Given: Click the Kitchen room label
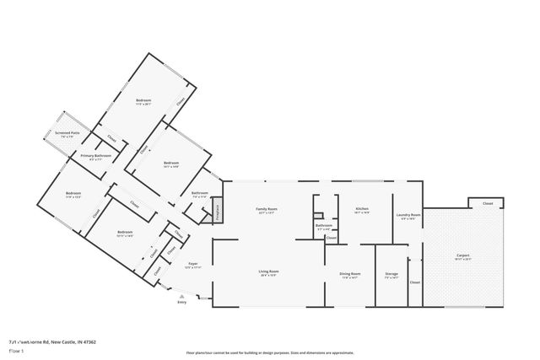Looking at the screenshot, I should [x=361, y=208].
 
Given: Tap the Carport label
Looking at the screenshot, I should [x=462, y=255].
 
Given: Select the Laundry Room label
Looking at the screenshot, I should [x=408, y=215].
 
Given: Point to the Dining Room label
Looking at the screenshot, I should [x=350, y=273].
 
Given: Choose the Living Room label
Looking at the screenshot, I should [x=268, y=271].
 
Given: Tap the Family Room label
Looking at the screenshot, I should [x=267, y=209].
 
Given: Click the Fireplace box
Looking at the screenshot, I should [x=217, y=212].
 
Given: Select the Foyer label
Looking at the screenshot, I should [x=192, y=264].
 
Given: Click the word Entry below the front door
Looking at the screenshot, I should [x=181, y=302].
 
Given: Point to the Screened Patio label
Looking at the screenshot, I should [x=67, y=133].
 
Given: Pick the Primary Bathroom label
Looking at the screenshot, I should [x=95, y=156].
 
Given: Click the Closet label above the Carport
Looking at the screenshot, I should [x=487, y=203].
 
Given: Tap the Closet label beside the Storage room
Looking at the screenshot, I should [x=414, y=282].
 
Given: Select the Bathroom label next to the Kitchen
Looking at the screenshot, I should [x=323, y=226].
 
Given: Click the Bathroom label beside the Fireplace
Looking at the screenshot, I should [x=199, y=193].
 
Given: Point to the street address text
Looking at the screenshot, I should [x=52, y=341].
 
